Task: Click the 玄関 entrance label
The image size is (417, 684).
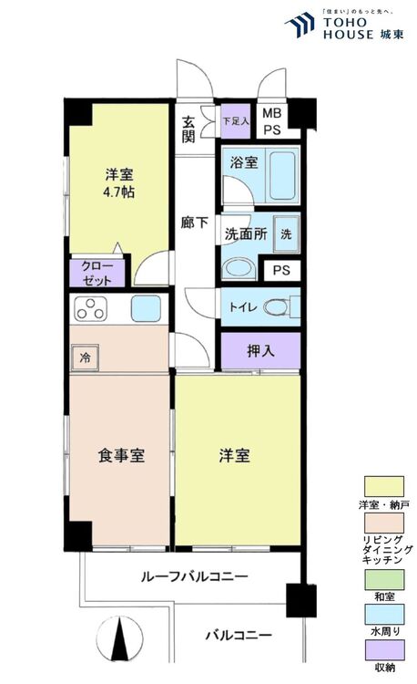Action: [x=188, y=129]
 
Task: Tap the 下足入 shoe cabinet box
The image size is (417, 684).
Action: [x=236, y=120]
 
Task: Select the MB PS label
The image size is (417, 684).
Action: [x=272, y=121]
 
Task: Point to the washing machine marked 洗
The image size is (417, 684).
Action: [x=286, y=234]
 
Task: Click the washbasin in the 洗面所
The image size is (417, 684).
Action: [x=239, y=270]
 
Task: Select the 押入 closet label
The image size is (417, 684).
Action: [x=260, y=350]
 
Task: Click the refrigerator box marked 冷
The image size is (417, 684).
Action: [x=86, y=358]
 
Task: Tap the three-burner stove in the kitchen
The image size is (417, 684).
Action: [x=90, y=308]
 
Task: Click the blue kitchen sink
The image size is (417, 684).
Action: [x=146, y=308]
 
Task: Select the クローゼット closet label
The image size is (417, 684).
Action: [x=97, y=273]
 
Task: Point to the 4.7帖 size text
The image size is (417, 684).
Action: [x=118, y=192]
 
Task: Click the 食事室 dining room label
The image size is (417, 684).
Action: [x=121, y=456]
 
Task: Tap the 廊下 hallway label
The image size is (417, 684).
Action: [x=194, y=223]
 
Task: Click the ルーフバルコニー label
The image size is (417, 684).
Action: [x=195, y=576]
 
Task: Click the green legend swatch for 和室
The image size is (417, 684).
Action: [x=384, y=580]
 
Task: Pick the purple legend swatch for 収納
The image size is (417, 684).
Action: [x=384, y=650]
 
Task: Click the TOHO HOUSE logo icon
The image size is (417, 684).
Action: [x=300, y=25]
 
